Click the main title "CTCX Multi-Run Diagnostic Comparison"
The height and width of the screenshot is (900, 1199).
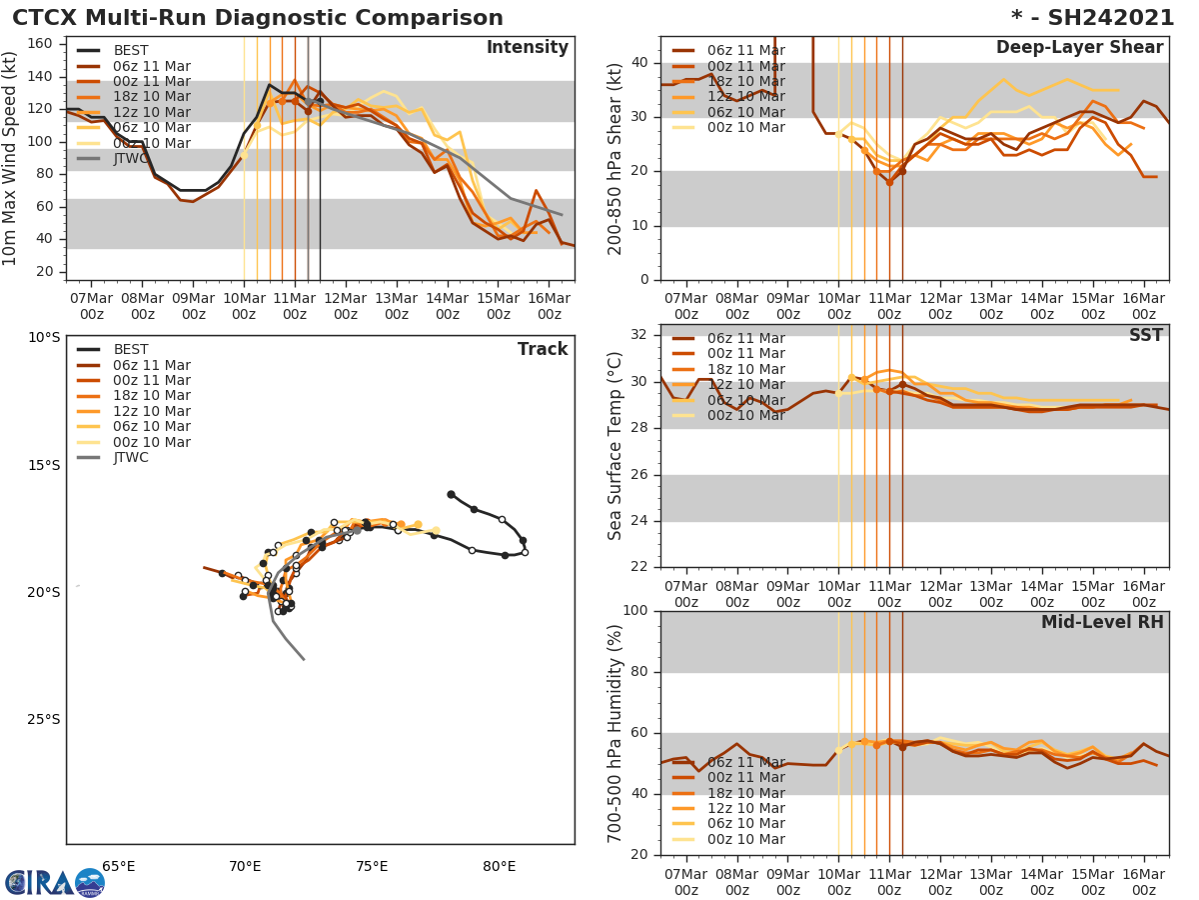pos(258,18)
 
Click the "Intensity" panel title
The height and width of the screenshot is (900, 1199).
pos(527,48)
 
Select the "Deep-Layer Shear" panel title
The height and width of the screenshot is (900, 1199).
pos(1079,48)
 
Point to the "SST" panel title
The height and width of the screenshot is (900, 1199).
pos(1145,336)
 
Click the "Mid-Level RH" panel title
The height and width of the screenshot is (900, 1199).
pos(1101,623)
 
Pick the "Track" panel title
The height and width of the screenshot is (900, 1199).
pos(542,350)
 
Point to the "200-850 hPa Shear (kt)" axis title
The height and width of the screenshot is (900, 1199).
pos(616,159)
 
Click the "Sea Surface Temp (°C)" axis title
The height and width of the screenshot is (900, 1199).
pos(616,446)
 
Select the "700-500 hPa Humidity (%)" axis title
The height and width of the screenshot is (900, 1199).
pos(616,733)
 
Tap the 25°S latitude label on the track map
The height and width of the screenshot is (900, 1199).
pos(43,720)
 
